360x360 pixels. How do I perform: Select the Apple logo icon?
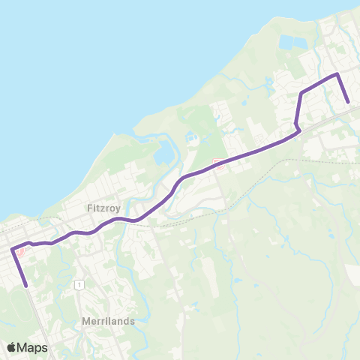pos(12,347)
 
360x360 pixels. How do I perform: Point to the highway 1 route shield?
pos(78,284)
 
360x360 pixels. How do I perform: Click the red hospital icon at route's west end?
pos(21,252)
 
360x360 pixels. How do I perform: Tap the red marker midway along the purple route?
pos(218,164)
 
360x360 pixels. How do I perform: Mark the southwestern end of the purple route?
pos(27,285)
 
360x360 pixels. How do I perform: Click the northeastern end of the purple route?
pos(349,103)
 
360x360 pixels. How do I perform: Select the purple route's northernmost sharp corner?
pos(337,73)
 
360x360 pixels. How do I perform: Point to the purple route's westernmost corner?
pos(11,250)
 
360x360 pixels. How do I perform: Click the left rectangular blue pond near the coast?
pos(286,43)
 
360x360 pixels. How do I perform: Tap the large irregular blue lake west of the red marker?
pos(162,154)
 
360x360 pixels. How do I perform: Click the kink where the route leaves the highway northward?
pos(298,129)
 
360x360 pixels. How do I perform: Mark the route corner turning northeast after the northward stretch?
pos(301,93)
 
